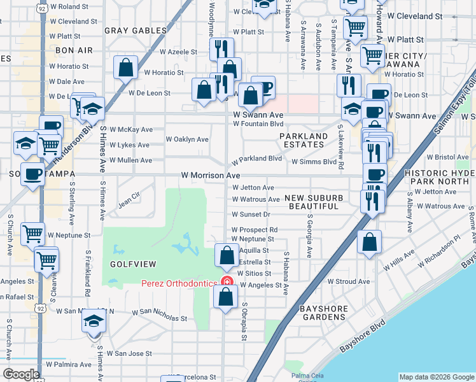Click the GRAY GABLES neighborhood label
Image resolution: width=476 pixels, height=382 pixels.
(135, 30)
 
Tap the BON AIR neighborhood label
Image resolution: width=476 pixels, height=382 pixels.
(74, 50)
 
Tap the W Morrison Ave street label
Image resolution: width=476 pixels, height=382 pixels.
(210, 174)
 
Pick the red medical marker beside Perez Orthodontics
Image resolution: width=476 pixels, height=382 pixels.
(225, 283)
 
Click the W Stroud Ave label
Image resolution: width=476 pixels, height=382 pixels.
(348, 281)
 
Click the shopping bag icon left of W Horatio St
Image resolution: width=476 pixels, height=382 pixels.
(126, 68)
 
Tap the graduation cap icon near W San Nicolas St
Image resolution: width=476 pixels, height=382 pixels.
(93, 322)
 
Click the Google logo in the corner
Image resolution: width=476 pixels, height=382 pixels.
(21, 374)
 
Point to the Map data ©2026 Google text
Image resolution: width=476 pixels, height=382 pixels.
(436, 377)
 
